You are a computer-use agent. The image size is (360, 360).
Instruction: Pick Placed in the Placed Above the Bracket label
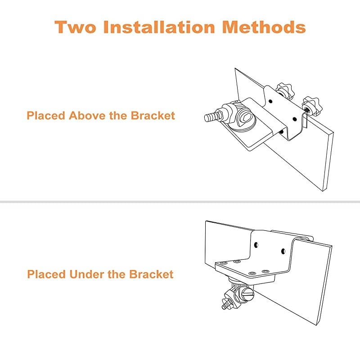[x=46, y=116]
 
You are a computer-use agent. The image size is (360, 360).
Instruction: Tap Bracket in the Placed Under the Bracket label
[x=152, y=274]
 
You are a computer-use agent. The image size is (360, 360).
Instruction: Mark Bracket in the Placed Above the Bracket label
[x=153, y=116]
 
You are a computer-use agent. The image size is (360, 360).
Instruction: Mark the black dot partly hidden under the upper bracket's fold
[x=282, y=131]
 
